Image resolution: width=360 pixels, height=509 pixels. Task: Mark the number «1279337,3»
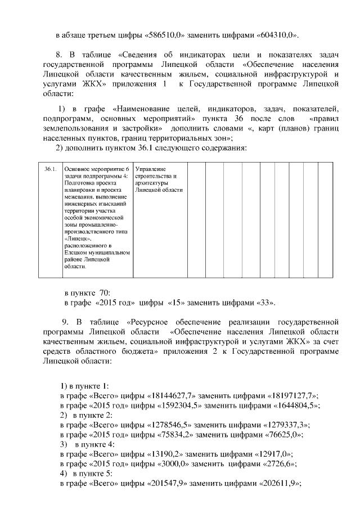(x=284, y=425)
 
